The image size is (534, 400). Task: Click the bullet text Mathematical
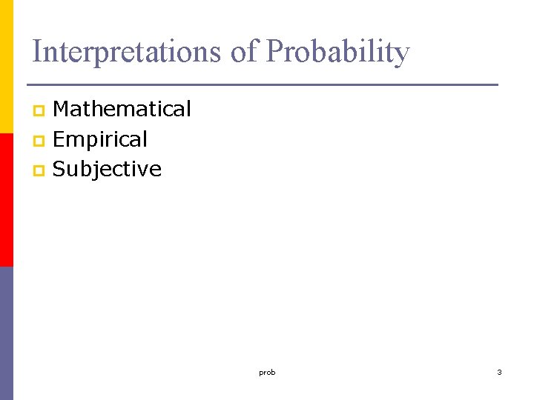(122, 110)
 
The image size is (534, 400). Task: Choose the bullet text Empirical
(100, 139)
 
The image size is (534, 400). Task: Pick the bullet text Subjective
(108, 170)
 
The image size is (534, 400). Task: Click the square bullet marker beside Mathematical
(39, 111)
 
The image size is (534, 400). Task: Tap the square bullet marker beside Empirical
(39, 141)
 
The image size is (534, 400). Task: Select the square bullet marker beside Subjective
(39, 171)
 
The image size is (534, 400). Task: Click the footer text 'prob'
(267, 373)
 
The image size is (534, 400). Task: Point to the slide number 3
(499, 372)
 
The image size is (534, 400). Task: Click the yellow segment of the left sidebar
(7, 67)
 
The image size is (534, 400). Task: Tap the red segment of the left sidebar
(7, 200)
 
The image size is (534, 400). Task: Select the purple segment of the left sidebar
(7, 333)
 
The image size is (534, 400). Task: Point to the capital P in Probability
(273, 52)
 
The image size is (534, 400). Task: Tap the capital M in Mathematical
(62, 110)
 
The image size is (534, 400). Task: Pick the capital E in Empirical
(59, 139)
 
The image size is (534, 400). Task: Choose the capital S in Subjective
(60, 170)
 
